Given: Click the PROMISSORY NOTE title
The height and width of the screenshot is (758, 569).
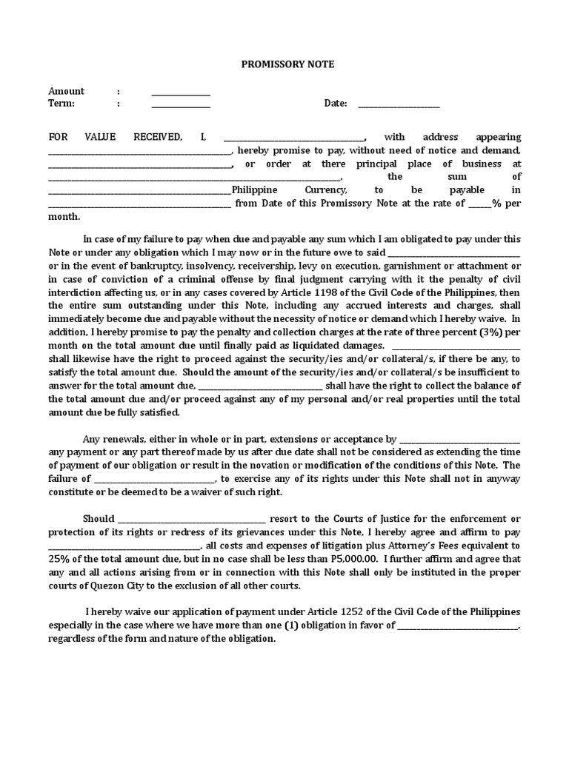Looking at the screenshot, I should tap(287, 64).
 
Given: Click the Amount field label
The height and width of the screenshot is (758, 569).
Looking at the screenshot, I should tap(67, 91).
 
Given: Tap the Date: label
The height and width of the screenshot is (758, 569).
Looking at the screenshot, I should tap(336, 104).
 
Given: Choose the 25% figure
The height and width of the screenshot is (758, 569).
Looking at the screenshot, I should tap(60, 558).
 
